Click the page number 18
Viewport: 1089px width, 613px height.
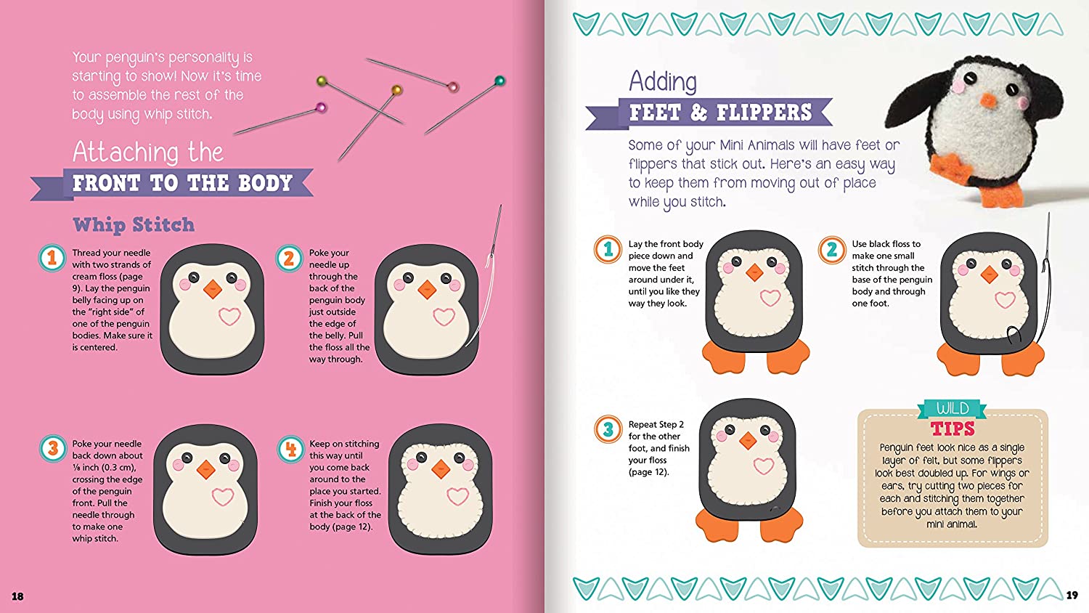17,596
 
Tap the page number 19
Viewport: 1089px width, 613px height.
1072,596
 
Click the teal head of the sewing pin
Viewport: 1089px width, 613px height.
499,81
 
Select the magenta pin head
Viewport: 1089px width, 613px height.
320,108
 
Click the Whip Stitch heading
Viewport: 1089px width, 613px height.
134,225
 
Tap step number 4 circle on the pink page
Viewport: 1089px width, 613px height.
290,449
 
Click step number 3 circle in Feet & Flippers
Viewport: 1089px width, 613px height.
608,429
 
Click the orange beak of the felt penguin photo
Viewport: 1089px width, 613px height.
986,101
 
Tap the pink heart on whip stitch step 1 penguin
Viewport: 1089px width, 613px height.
229,316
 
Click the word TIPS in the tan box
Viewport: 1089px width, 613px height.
953,429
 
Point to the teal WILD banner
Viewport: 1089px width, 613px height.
952,408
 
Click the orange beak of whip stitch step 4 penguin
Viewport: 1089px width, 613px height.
441,469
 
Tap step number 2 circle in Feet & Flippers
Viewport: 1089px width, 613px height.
832,249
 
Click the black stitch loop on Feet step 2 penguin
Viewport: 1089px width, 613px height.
1013,334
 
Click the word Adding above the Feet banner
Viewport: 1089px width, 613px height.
663,81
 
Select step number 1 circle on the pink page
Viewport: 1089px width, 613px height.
52,258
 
